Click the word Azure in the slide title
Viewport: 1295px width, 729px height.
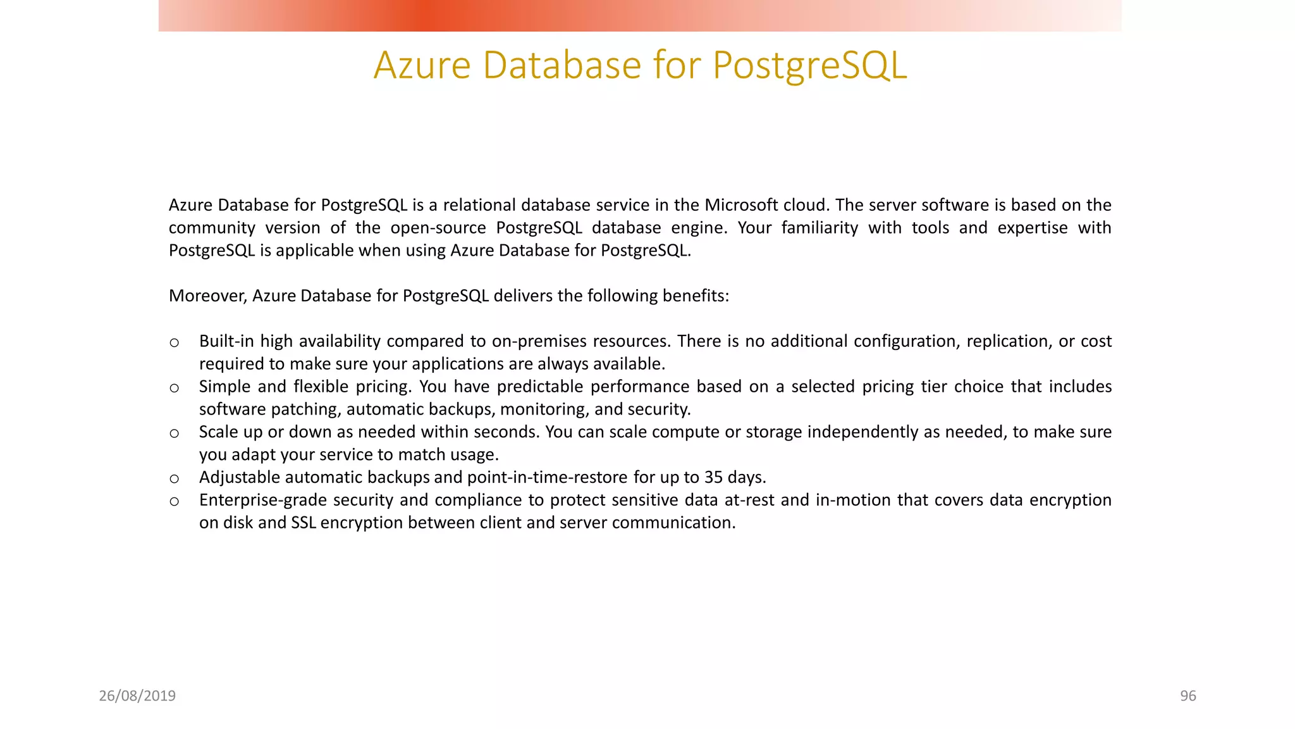pyautogui.click(x=422, y=65)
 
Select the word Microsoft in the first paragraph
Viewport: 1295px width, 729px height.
pyautogui.click(x=741, y=205)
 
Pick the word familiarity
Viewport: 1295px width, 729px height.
pyautogui.click(x=819, y=228)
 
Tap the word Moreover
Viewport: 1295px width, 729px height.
pyautogui.click(x=207, y=296)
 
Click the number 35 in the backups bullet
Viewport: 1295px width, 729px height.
pyautogui.click(x=714, y=477)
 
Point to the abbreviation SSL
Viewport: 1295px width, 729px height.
pyautogui.click(x=303, y=523)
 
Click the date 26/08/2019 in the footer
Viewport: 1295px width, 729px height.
pyautogui.click(x=137, y=696)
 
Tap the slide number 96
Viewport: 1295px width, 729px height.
pyautogui.click(x=1188, y=696)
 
